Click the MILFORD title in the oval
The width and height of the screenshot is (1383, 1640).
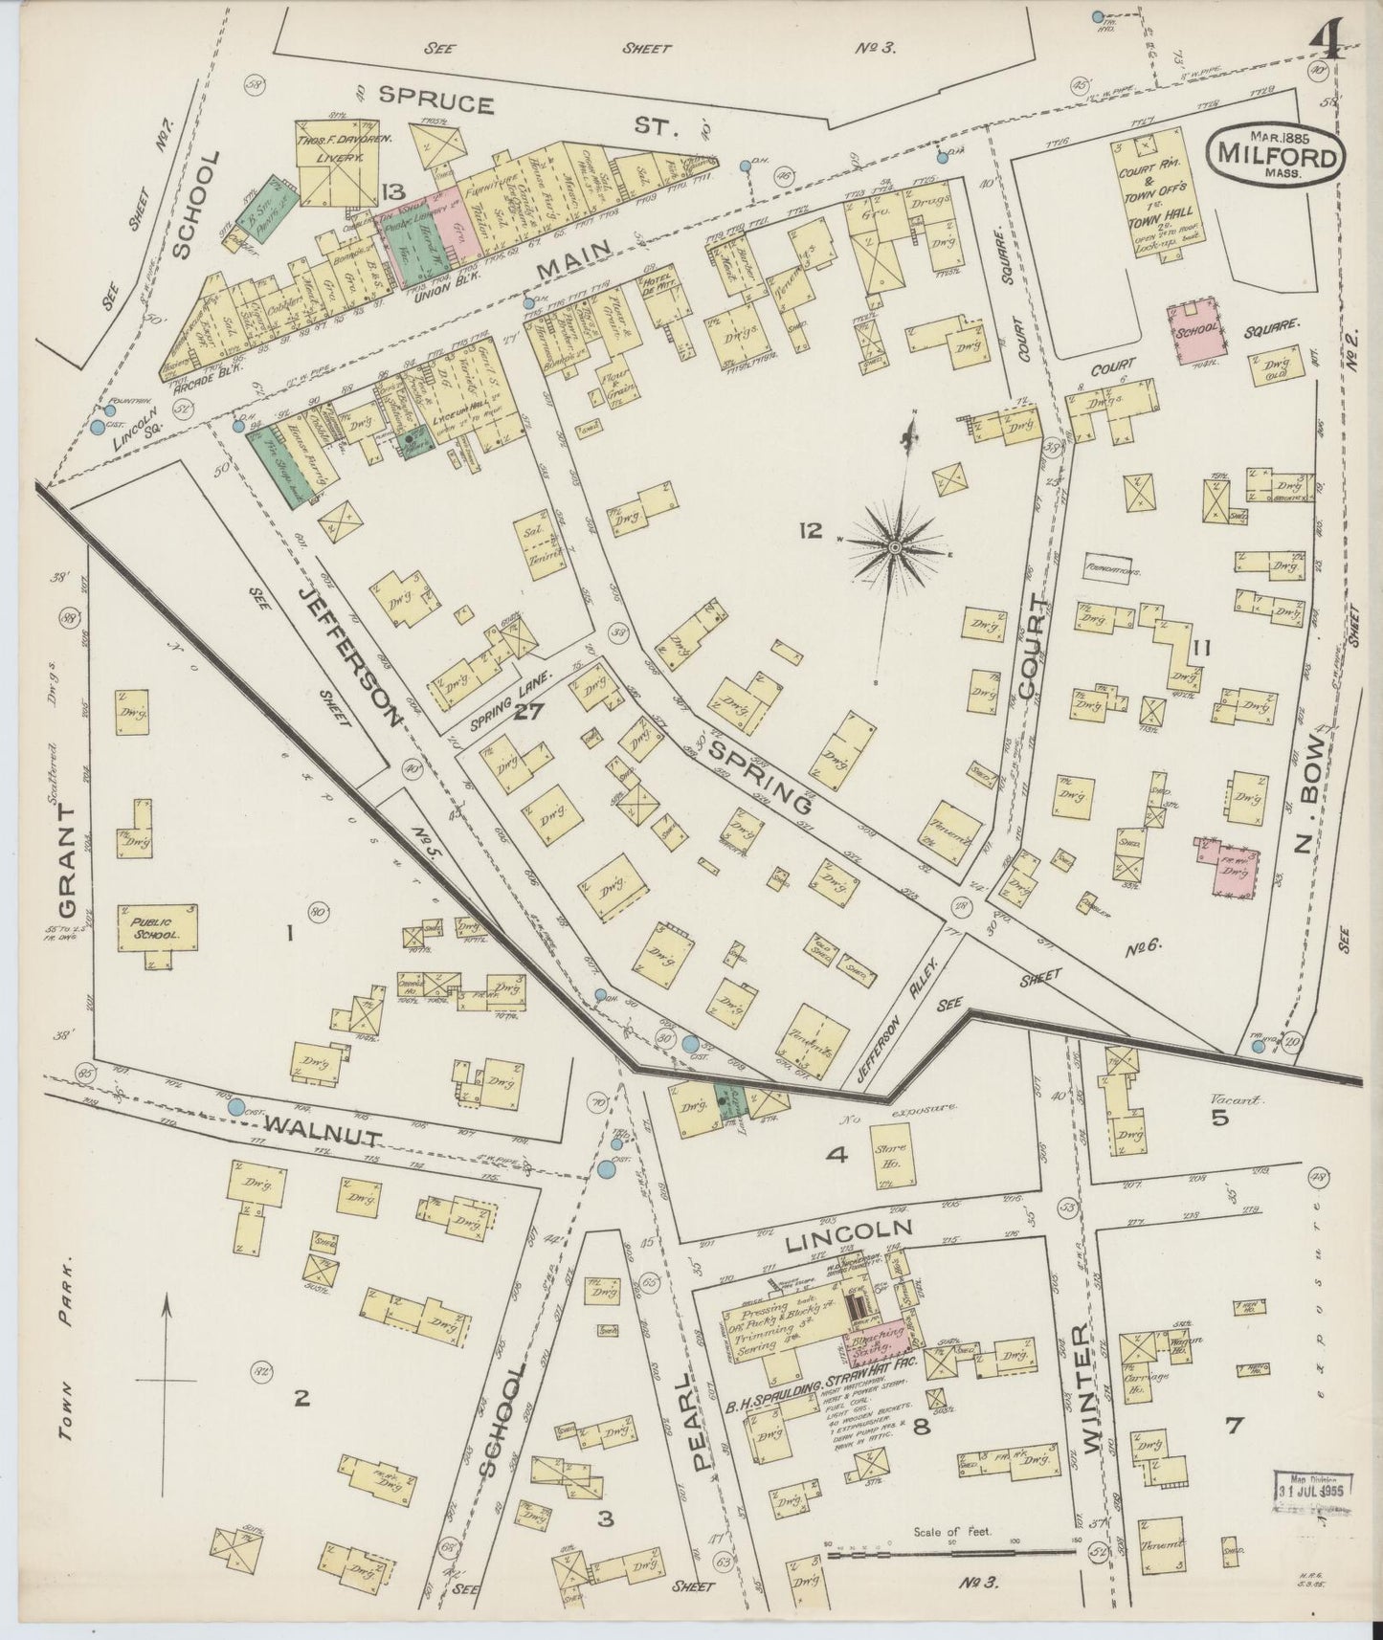(1276, 156)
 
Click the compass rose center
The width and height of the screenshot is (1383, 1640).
(893, 546)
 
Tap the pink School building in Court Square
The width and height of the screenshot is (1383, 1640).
(1193, 331)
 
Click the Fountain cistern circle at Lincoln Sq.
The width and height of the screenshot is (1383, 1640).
(97, 428)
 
